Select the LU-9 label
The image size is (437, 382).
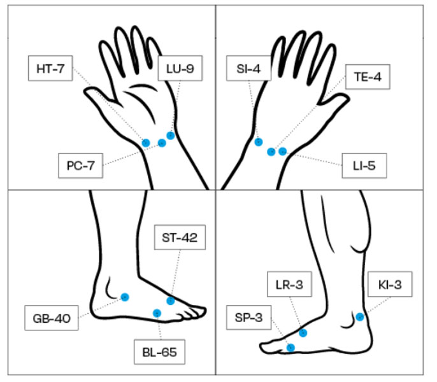(180, 69)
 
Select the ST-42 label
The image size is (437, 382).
(179, 239)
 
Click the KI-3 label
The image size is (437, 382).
(389, 284)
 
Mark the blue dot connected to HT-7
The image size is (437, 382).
(146, 143)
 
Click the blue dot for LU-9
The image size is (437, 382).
(171, 135)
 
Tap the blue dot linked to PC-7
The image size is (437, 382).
(162, 143)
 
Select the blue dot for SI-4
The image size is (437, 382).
(258, 142)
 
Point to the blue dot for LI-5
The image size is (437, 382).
(283, 151)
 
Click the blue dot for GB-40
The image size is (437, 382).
(125, 297)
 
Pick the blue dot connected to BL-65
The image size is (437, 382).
(157, 313)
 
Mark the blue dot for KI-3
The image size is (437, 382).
(360, 317)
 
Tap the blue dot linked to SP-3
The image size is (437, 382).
(290, 347)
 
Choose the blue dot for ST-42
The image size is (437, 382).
(171, 301)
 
